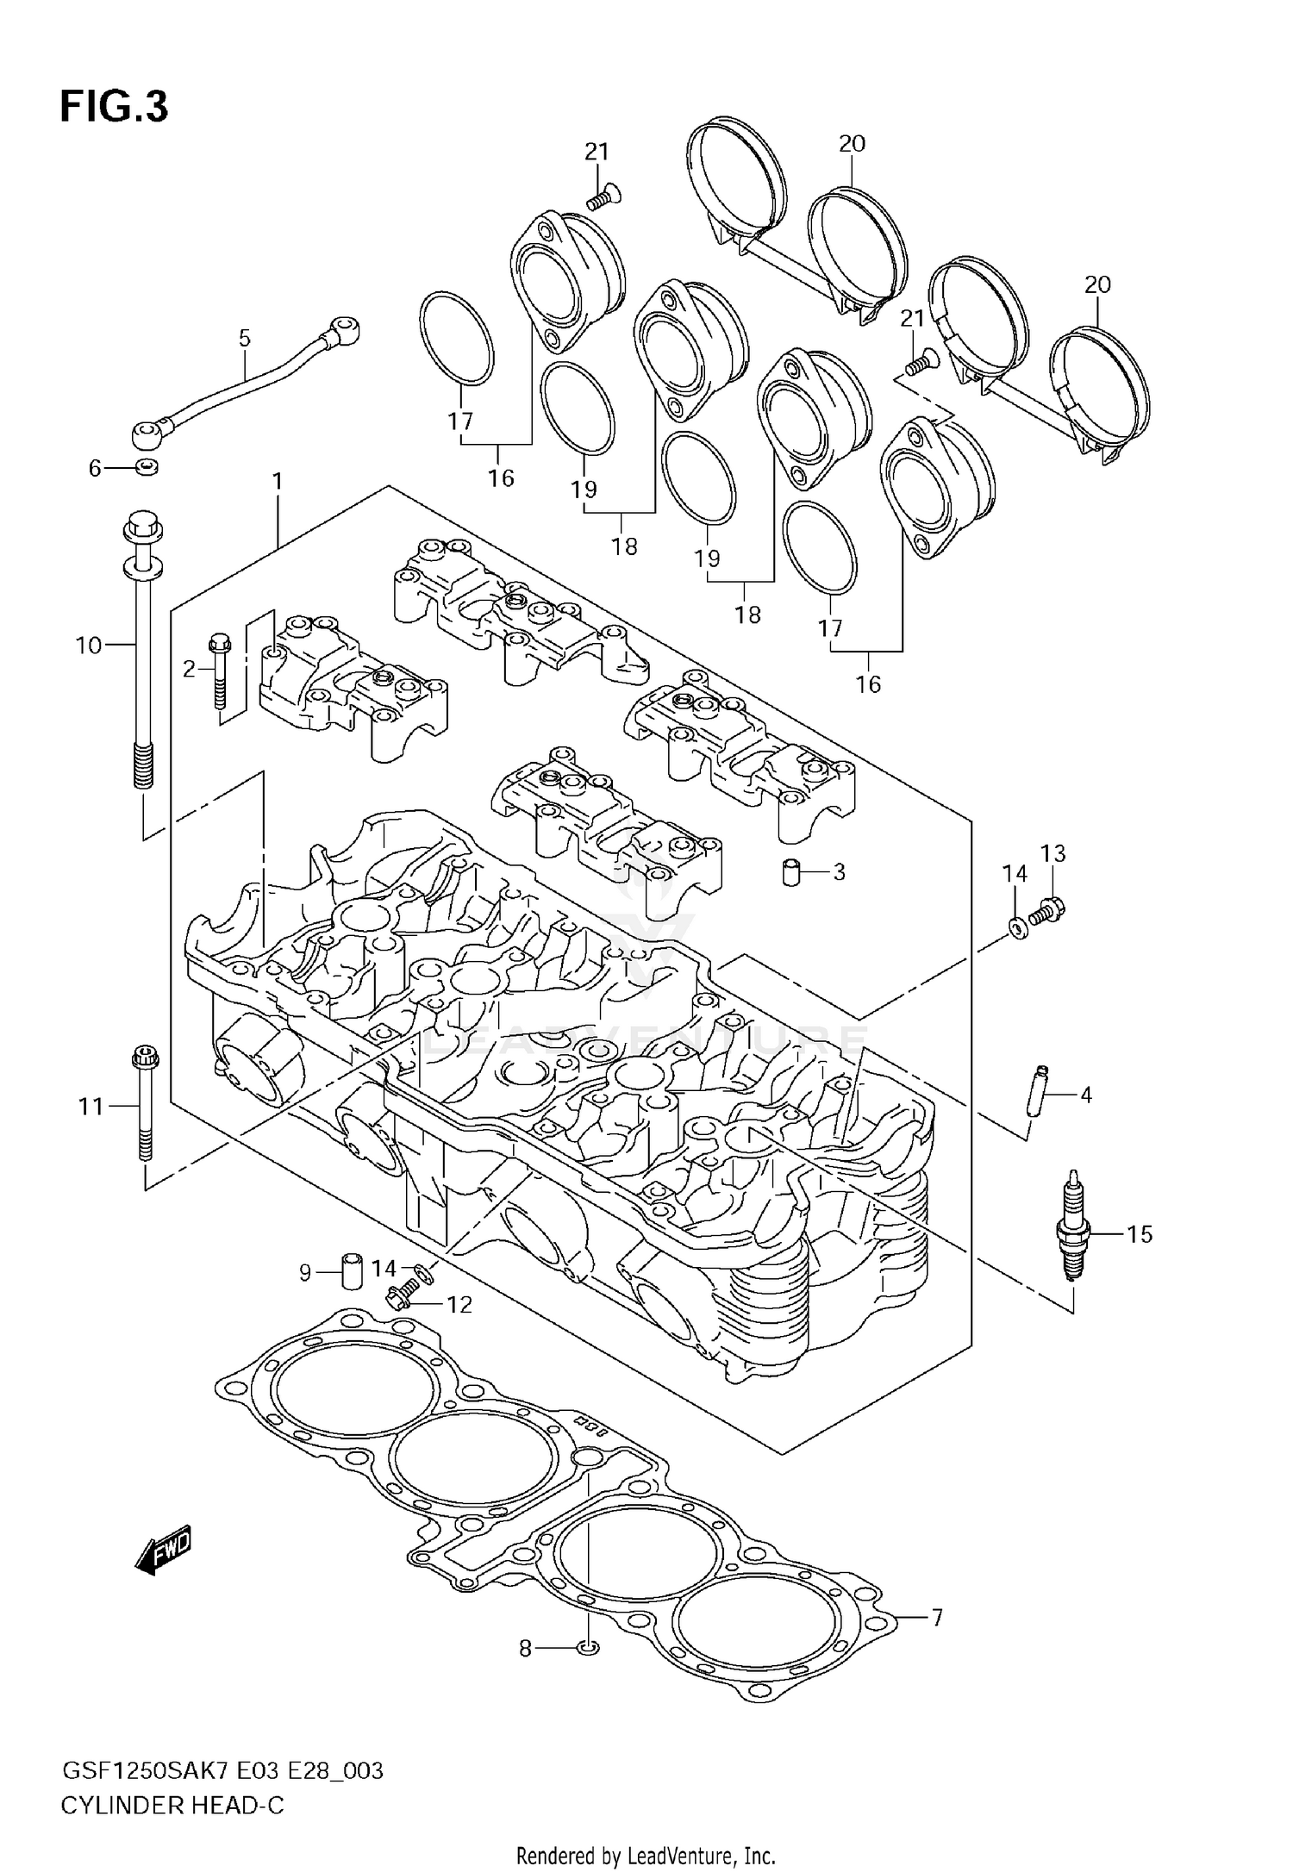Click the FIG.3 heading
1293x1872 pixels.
point(114,107)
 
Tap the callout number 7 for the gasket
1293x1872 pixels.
point(937,1618)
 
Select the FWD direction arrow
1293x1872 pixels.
point(164,1552)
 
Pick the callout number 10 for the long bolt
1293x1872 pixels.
point(89,645)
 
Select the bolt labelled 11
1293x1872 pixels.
point(144,1105)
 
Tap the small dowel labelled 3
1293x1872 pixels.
point(792,871)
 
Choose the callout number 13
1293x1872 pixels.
point(1053,853)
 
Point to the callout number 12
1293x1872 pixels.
point(459,1304)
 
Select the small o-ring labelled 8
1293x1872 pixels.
point(588,1647)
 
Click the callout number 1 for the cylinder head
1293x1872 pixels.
point(278,482)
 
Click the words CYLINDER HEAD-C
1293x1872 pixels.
point(172,1805)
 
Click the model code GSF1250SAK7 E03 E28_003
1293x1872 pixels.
point(222,1771)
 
